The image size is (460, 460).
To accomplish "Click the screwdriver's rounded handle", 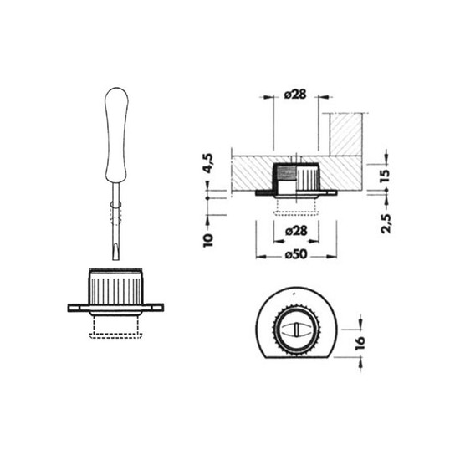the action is [x=116, y=135].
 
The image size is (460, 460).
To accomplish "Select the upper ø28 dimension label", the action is [x=295, y=95].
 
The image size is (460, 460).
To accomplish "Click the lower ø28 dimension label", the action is [x=296, y=231].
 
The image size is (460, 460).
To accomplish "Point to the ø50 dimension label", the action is [x=296, y=254].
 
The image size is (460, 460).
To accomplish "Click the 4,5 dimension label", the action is [x=209, y=163].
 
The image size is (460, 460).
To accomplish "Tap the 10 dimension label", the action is [x=208, y=241].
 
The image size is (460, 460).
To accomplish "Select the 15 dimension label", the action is [x=386, y=176].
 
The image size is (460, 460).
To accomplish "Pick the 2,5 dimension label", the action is [x=386, y=223].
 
